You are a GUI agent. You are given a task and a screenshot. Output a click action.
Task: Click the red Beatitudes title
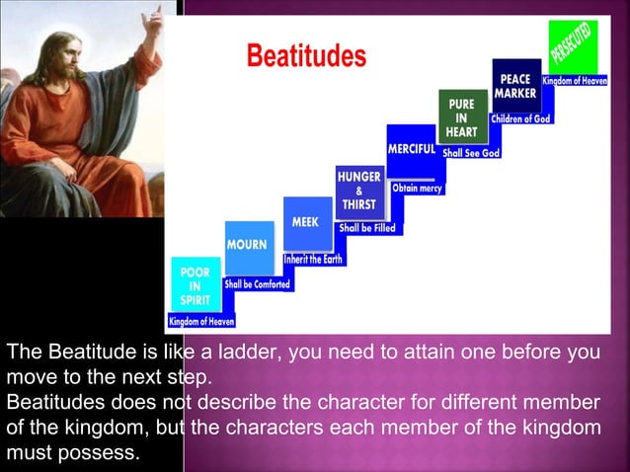click(x=305, y=56)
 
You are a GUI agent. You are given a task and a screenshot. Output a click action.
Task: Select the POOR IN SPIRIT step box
click(x=193, y=286)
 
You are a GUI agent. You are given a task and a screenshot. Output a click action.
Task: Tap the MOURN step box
click(x=249, y=245)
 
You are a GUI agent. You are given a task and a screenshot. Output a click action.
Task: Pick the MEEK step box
click(x=306, y=223)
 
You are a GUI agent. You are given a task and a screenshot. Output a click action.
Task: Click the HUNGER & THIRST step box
click(x=359, y=190)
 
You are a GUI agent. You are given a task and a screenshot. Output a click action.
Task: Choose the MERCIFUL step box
click(x=413, y=148)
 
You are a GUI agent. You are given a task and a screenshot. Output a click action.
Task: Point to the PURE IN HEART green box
click(x=461, y=117)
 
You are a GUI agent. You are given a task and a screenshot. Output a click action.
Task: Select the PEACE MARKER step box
click(x=515, y=85)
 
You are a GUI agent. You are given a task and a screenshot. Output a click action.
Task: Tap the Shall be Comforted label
click(x=258, y=284)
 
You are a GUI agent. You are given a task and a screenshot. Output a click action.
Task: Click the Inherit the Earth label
click(x=313, y=259)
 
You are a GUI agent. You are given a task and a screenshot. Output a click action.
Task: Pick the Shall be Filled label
click(x=367, y=227)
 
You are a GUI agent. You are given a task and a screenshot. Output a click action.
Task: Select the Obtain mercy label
click(x=417, y=188)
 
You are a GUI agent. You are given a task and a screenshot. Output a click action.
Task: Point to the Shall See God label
click(x=471, y=153)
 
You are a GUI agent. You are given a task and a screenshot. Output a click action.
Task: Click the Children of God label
click(x=521, y=119)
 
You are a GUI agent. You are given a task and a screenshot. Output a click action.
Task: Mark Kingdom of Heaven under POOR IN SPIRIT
click(x=201, y=321)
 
